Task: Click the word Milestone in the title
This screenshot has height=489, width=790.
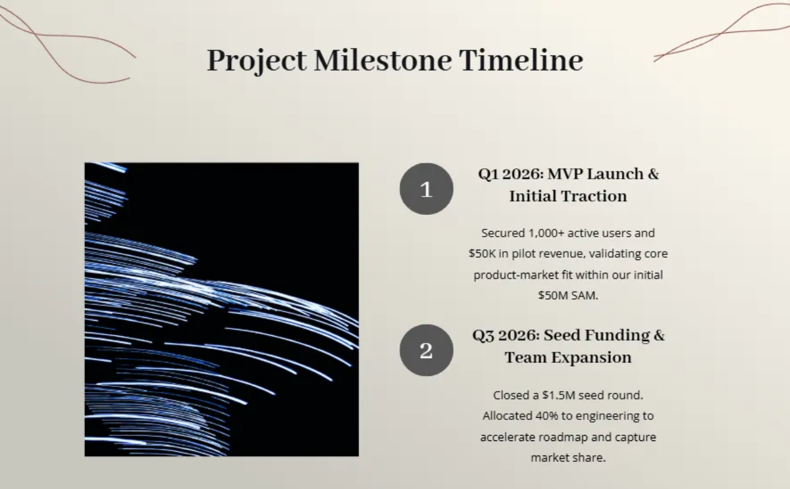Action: (x=382, y=60)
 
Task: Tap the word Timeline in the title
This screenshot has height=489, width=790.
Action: (x=521, y=60)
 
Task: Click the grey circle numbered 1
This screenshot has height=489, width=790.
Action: (x=427, y=189)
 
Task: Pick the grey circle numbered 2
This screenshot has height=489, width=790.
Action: (x=427, y=350)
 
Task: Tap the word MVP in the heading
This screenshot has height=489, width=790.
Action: (x=565, y=174)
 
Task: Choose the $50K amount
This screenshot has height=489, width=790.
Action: (x=482, y=254)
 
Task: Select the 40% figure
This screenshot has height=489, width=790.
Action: (x=546, y=416)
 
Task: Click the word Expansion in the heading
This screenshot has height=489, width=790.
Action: (x=591, y=358)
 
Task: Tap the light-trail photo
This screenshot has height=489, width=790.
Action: (x=222, y=310)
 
